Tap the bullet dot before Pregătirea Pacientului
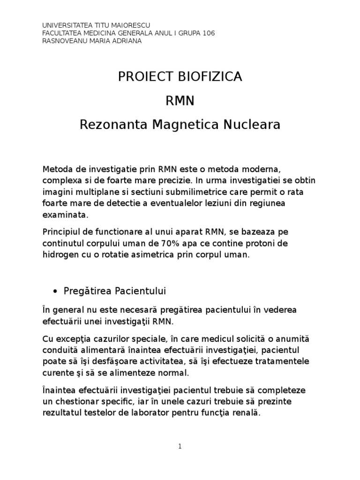(x=56, y=292)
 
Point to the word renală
(x=243, y=413)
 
